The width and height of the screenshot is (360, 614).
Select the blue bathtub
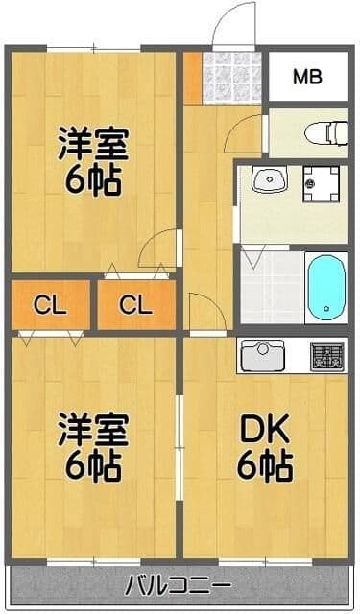tap(325, 287)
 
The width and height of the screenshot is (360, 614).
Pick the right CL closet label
tap(135, 305)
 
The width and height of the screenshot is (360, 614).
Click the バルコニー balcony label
tap(178, 583)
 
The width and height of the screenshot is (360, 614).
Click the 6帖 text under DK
tap(265, 468)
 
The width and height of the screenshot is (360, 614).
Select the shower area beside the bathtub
tap(271, 285)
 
